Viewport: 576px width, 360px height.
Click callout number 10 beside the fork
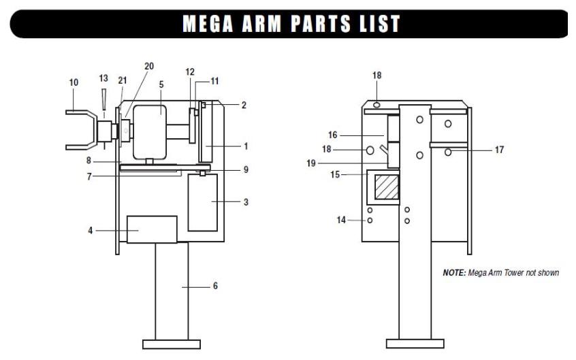point(74,82)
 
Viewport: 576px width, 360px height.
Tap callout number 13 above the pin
point(103,78)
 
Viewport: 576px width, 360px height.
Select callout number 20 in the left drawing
point(149,66)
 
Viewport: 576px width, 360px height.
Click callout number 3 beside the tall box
point(246,202)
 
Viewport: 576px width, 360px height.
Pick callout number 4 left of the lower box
point(91,231)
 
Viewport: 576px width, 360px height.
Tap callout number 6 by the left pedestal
point(215,287)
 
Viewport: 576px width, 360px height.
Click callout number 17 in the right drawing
point(499,150)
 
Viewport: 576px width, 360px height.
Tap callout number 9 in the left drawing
point(246,169)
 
